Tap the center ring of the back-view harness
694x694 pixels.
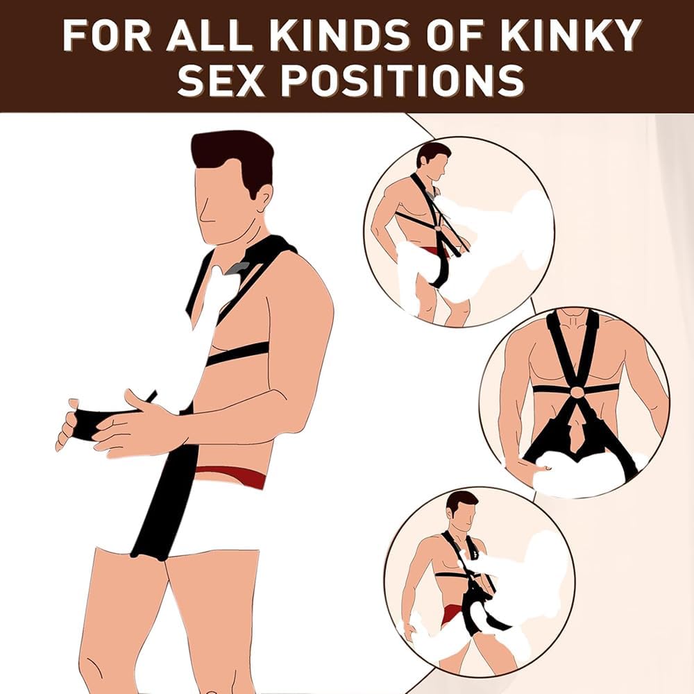coord(575,393)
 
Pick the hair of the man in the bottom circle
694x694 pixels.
coord(461,499)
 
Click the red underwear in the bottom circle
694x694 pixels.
coord(451,611)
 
